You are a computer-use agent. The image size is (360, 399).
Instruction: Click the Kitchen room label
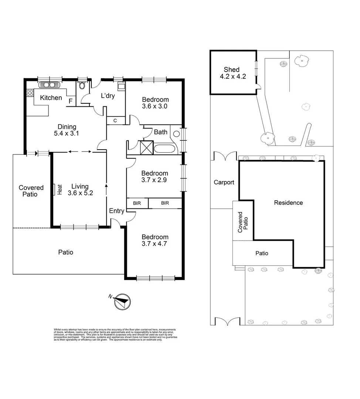pos(51,98)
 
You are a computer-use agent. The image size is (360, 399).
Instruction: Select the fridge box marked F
pos(71,101)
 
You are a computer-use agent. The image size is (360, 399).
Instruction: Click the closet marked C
pos(115,120)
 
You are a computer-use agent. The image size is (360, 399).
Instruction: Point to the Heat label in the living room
pos(59,190)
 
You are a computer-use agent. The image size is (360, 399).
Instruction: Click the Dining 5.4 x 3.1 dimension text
pos(67,130)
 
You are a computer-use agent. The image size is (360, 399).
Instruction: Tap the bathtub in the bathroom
pos(165,149)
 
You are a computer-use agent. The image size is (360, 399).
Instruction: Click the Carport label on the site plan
pos(224,182)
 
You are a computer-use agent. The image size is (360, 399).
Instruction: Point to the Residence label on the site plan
pos(288,202)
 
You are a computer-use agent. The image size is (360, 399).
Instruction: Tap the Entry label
pos(116,211)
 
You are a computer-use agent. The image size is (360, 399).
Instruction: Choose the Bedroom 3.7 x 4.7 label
pos(155,241)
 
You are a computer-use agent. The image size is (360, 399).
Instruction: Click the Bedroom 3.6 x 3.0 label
pos(155,103)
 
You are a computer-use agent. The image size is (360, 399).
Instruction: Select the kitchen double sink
pos(49,85)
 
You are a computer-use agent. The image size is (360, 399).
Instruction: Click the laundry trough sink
pos(121,86)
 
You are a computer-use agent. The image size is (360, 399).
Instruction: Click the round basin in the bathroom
pos(177,134)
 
